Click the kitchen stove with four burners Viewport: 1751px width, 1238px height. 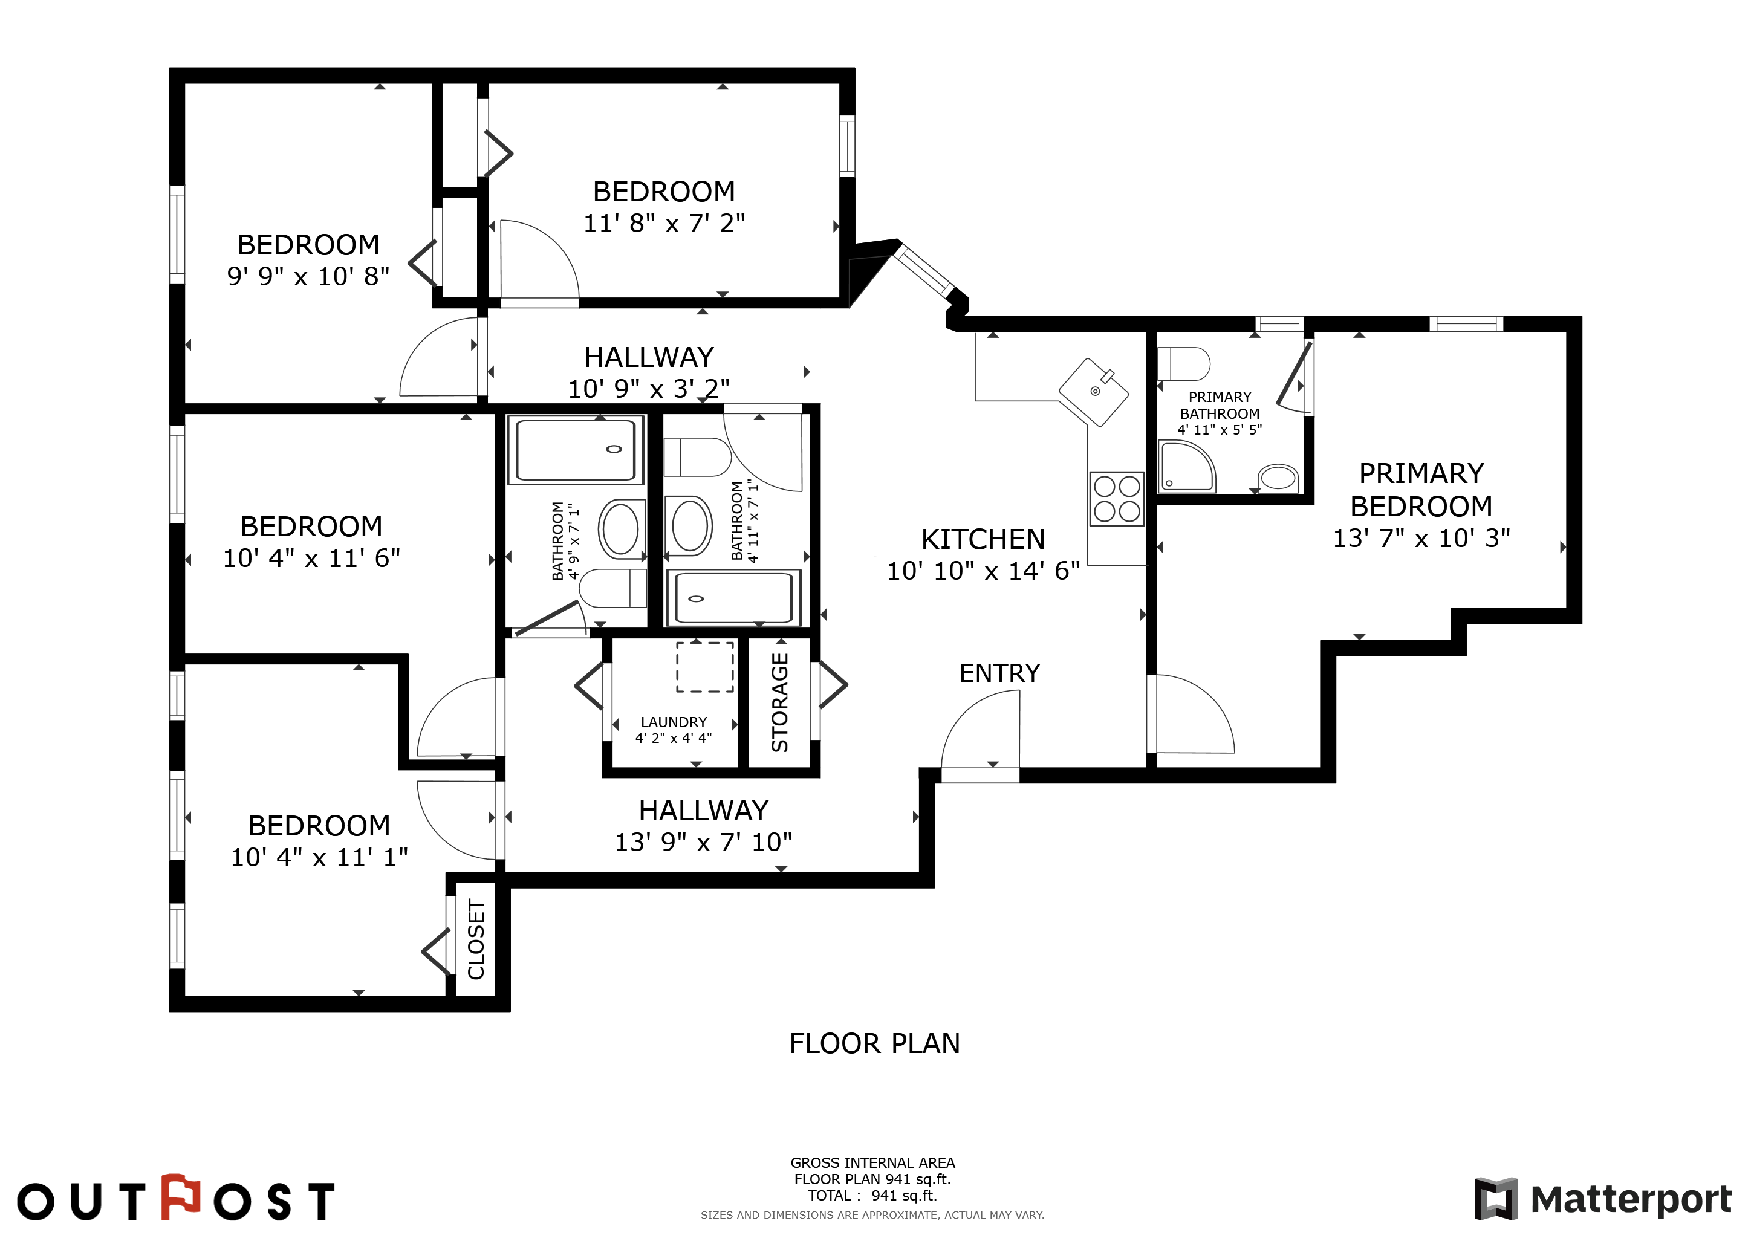[1117, 499]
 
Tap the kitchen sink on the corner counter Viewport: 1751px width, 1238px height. [1094, 392]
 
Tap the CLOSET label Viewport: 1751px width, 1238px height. [476, 939]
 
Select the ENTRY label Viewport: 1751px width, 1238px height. [1000, 673]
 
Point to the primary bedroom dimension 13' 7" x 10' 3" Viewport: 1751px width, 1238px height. [1421, 538]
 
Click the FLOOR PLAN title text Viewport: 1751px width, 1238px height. [875, 1043]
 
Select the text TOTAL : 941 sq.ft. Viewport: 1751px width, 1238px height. [872, 1195]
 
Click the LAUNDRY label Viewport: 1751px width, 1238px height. [674, 722]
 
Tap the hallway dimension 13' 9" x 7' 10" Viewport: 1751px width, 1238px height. [703, 841]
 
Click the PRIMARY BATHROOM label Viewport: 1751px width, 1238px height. [1220, 406]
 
